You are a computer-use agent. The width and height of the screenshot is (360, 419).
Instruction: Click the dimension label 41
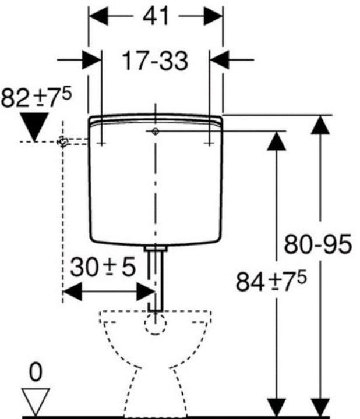tap(156, 16)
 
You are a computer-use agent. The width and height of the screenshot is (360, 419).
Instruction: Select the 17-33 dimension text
tap(155, 61)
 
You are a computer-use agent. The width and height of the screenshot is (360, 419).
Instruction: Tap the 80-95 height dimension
tap(317, 244)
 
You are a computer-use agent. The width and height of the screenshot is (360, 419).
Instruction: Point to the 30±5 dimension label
tap(103, 267)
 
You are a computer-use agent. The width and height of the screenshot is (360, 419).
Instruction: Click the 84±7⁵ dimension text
tap(271, 281)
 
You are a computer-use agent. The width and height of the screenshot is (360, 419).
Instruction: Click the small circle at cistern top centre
tap(156, 131)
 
